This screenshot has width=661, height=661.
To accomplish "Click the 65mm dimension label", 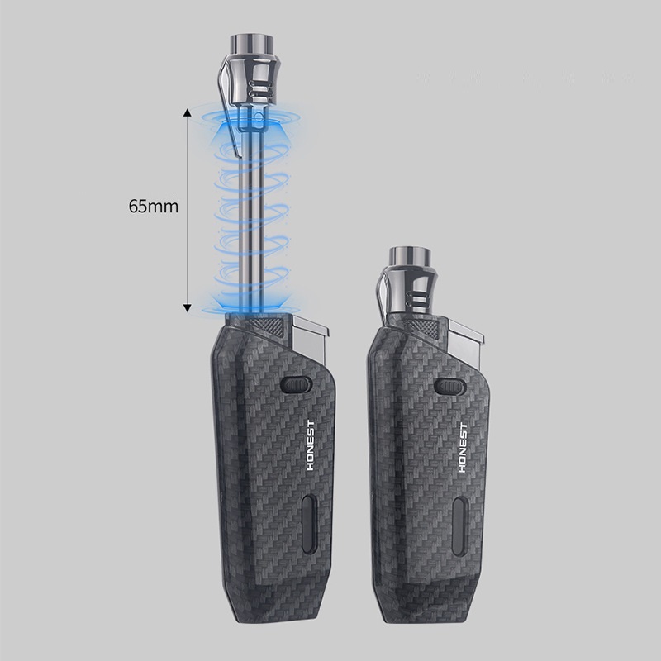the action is tap(154, 207).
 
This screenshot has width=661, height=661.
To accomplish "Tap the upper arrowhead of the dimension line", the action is tap(188, 112).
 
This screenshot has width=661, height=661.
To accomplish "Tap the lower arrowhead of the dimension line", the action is tap(188, 307).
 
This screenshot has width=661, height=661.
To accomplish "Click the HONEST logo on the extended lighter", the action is tap(311, 445).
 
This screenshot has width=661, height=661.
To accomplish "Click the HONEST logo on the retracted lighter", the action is tap(463, 448).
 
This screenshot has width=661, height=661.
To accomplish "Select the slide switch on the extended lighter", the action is tap(296, 384).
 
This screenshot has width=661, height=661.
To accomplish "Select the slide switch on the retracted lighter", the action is tap(449, 387).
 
